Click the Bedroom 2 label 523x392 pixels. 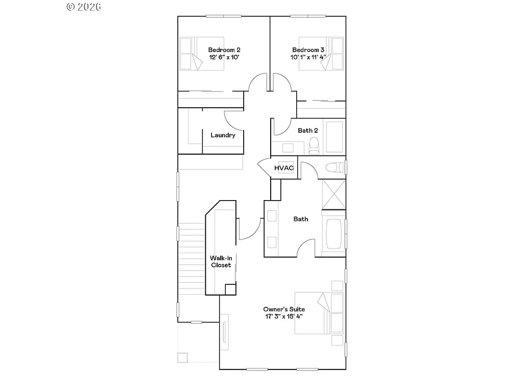pos(224,50)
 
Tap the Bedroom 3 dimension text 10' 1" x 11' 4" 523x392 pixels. pos(308,57)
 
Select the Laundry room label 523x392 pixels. pos(223,135)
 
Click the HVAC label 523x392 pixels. pos(283,168)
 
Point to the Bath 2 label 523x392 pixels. pos(308,131)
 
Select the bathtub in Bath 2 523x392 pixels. pos(336,137)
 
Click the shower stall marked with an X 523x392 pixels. pos(334,194)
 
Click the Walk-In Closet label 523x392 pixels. pos(221,261)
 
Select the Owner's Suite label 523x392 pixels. pos(284,309)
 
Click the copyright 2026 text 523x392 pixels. pos(84,7)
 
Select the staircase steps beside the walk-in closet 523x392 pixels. pos(192,260)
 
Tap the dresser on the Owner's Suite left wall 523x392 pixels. pos(224,335)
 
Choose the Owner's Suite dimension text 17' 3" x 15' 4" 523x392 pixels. pos(284,316)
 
